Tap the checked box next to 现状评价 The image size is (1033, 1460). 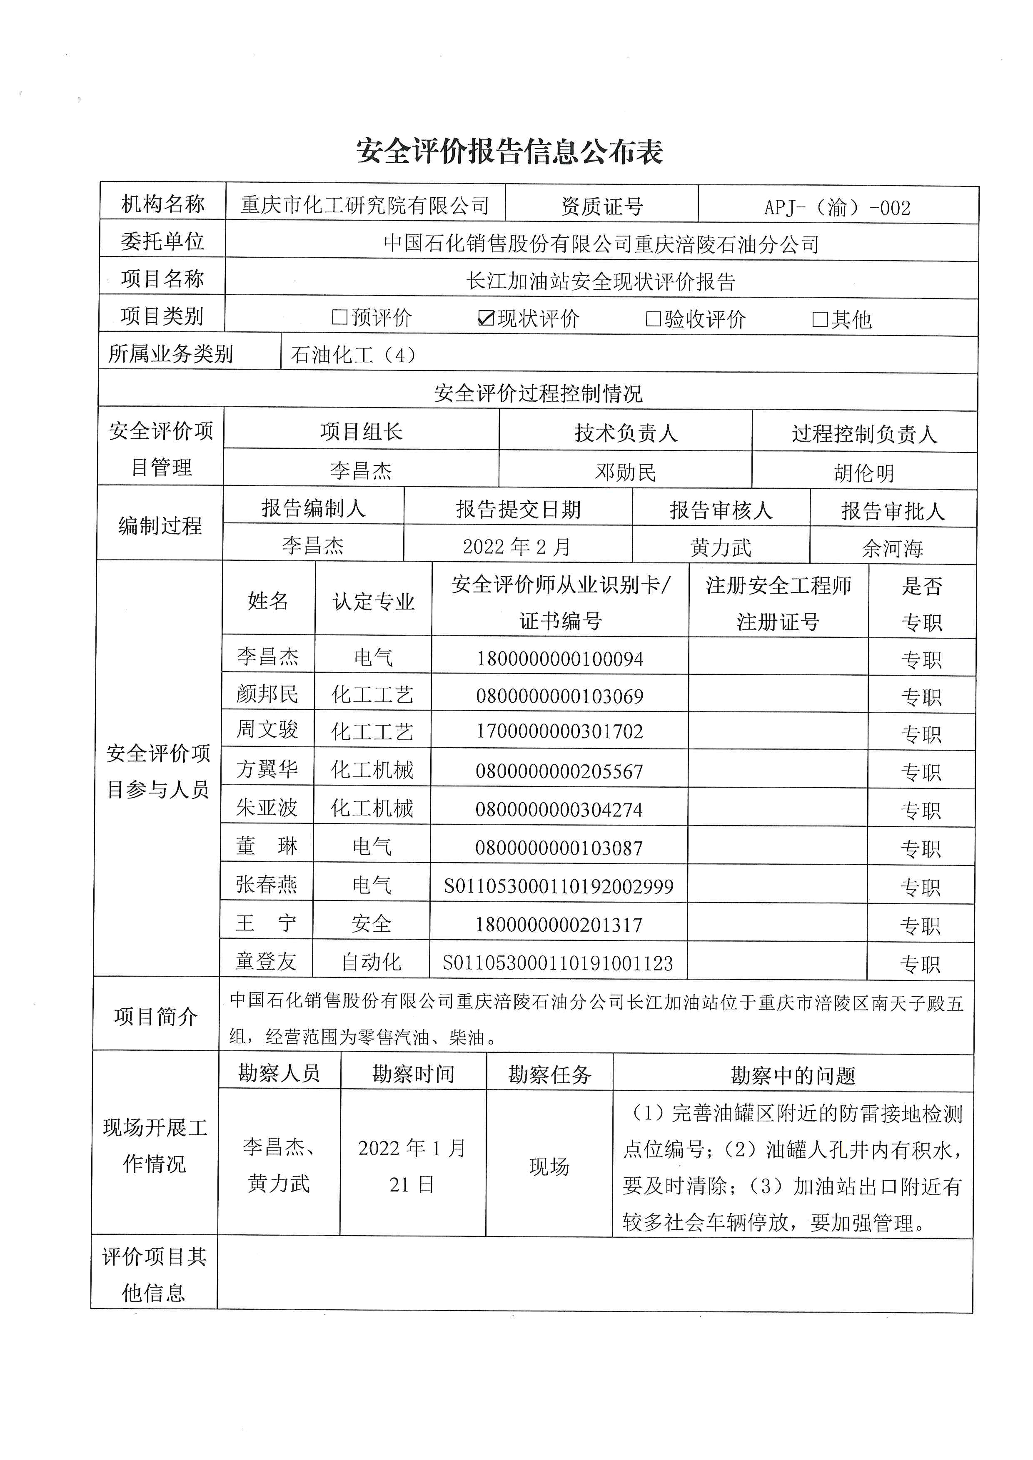click(486, 318)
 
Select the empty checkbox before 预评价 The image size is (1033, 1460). click(339, 317)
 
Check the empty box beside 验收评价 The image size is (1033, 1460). click(653, 318)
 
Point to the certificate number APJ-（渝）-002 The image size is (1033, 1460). click(837, 207)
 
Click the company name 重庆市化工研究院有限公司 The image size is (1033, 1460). click(365, 205)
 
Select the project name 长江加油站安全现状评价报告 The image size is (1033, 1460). click(601, 281)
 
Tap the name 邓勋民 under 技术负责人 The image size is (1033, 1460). click(625, 472)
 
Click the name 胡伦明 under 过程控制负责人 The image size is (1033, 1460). click(864, 473)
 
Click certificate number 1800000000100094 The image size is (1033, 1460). click(560, 659)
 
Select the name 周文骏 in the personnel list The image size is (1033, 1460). click(267, 729)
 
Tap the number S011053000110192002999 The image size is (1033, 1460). click(559, 886)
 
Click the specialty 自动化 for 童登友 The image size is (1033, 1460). click(372, 962)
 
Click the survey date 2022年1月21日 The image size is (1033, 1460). click(412, 1166)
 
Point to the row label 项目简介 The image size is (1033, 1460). click(156, 1016)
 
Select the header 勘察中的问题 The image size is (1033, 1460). click(793, 1075)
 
